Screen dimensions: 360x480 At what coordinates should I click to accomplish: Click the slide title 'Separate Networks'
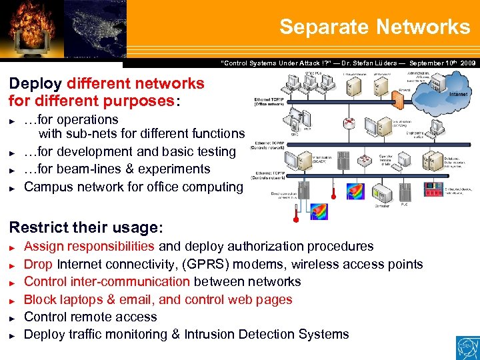click(x=374, y=27)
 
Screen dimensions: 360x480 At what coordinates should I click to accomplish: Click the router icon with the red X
click(x=347, y=123)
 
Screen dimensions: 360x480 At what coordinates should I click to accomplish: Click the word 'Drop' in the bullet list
click(x=39, y=264)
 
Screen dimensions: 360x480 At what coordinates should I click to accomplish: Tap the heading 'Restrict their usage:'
click(x=85, y=227)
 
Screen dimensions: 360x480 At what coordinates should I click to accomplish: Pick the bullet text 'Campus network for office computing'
click(x=133, y=187)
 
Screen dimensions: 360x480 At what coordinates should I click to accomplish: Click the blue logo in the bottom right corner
click(x=466, y=347)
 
